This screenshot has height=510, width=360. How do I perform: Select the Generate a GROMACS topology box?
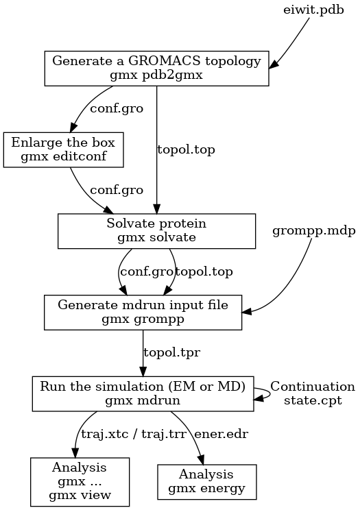[156, 69]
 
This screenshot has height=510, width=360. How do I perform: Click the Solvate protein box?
[156, 231]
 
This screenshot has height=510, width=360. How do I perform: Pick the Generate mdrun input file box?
[143, 312]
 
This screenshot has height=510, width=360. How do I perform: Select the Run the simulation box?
[143, 393]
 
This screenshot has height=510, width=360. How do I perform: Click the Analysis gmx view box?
[80, 482]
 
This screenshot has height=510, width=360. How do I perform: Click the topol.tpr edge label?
[171, 352]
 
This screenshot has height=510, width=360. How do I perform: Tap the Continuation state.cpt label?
[312, 393]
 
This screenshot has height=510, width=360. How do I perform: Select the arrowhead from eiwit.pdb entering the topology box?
[274, 65]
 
